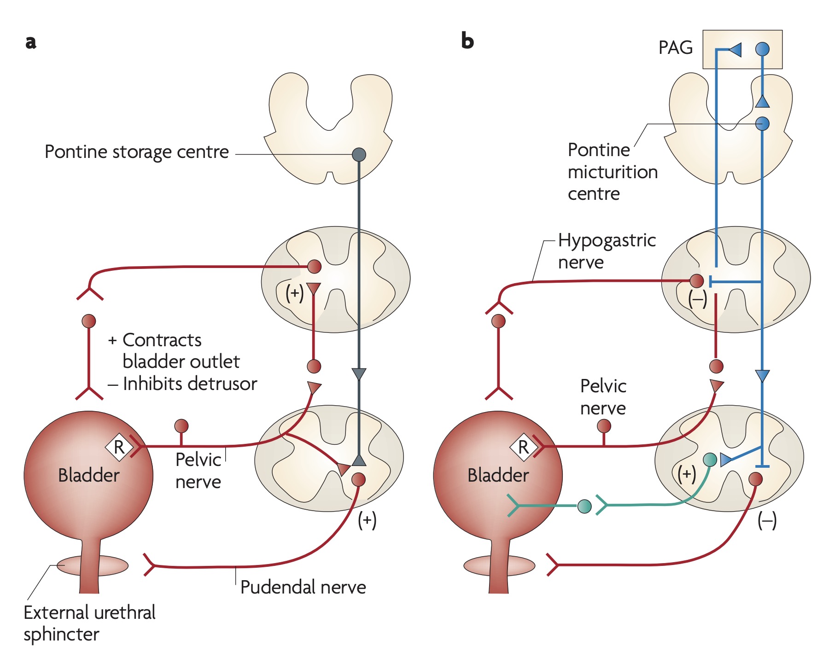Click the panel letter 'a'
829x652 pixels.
(31, 42)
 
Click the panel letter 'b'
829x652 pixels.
(467, 41)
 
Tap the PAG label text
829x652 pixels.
(675, 48)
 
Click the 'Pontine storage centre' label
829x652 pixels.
(137, 152)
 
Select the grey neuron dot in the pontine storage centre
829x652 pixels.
(359, 154)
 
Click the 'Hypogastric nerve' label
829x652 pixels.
(606, 251)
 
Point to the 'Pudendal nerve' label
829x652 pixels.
(303, 588)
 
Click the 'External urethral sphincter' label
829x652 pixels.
(89, 623)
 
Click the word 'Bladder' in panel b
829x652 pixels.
(498, 475)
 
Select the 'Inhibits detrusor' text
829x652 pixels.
(189, 384)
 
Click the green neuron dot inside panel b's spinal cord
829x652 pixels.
(710, 459)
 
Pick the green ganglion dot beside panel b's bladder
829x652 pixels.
(584, 506)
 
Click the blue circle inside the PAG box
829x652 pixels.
(762, 49)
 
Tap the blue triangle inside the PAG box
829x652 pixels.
(735, 49)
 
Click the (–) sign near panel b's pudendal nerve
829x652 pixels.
(767, 521)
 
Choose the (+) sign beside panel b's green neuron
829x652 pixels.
(686, 474)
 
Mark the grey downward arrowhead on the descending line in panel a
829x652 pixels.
(359, 374)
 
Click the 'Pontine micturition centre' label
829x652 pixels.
(612, 172)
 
